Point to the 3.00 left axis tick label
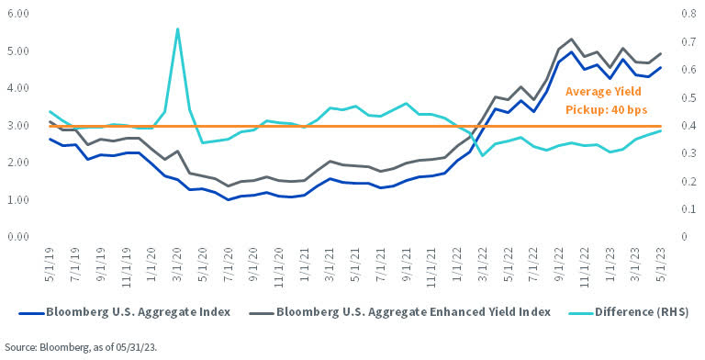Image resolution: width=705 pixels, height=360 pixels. (17, 126)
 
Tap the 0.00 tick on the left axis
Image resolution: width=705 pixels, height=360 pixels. (17, 237)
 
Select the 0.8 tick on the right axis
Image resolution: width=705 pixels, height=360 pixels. (687, 15)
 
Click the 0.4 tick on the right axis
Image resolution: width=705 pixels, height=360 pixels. (687, 126)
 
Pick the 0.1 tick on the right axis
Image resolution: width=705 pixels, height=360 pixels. (687, 209)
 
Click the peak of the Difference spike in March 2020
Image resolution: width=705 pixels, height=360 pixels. (177, 28)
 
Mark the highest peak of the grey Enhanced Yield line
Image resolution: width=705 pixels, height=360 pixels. (572, 39)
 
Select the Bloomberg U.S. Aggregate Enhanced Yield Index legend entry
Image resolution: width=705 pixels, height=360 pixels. (414, 312)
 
